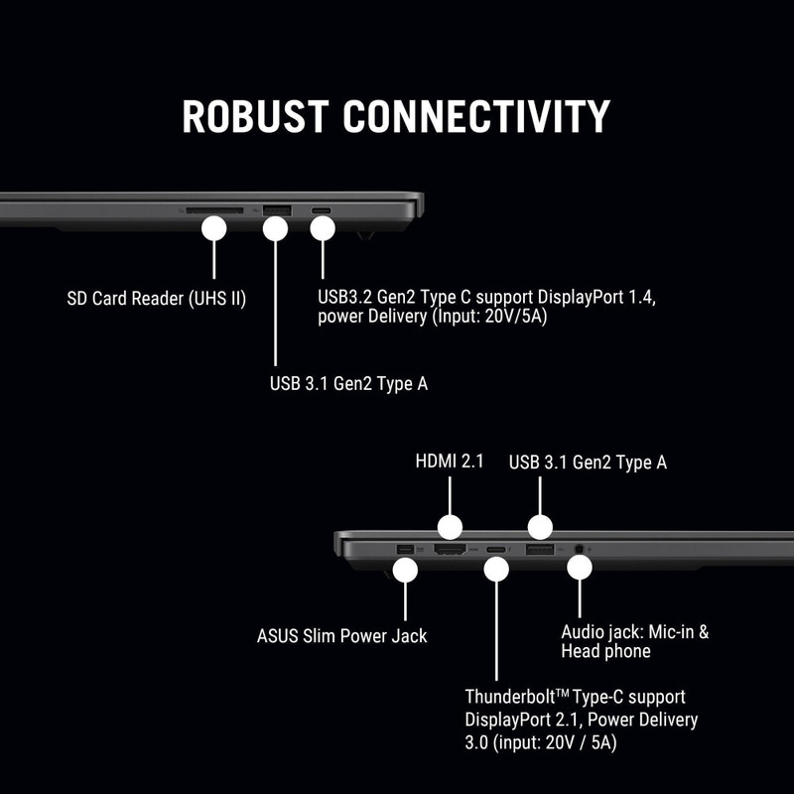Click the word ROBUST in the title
coord(255,116)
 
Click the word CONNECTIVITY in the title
coord(476,116)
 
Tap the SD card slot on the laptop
coord(214,210)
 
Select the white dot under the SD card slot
coord(213,228)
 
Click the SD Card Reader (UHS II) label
coord(157,299)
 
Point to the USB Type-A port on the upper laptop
coord(277,210)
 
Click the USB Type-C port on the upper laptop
coord(322,210)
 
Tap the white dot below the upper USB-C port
coord(323,228)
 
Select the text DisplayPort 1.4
coord(596,297)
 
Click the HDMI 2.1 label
coord(450,462)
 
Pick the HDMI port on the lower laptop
coord(451,549)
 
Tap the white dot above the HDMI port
coord(450,527)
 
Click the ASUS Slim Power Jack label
coord(341,636)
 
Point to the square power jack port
coord(406,549)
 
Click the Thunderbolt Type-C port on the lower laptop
coord(495,550)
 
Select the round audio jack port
coord(580,549)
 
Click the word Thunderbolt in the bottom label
coord(510,697)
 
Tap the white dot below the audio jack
coord(580,568)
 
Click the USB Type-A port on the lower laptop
coord(540,549)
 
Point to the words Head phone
coord(605,651)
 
